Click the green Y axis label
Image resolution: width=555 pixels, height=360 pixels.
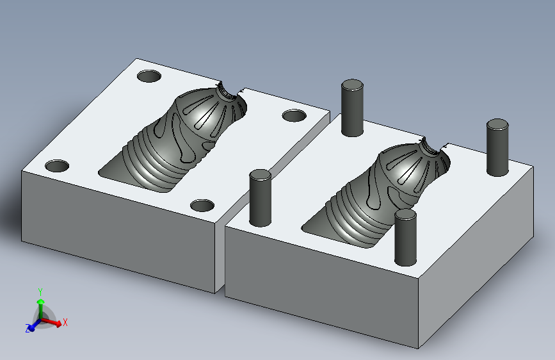(40, 292)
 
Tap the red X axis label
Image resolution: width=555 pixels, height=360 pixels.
(65, 322)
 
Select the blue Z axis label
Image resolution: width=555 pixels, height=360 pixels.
(28, 328)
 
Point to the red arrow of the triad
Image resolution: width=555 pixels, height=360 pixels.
(52, 322)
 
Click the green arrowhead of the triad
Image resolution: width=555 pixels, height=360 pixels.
(41, 302)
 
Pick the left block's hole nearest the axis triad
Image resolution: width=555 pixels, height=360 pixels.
(57, 166)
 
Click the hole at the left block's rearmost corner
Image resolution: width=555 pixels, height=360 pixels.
(149, 76)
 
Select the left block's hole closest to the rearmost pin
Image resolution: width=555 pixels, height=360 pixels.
(294, 115)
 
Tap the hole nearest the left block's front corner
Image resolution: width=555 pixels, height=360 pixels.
(202, 205)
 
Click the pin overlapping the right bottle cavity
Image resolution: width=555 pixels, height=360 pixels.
(405, 238)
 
